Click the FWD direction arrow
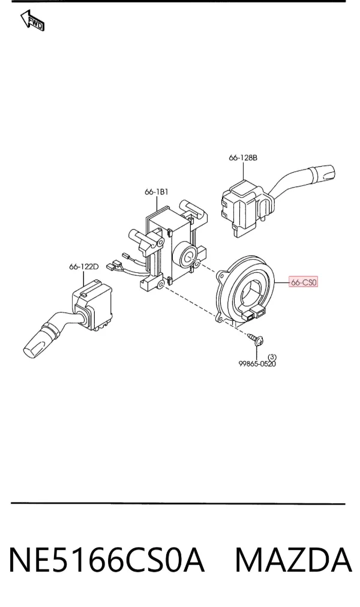coord(32,20)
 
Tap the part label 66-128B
coord(243,158)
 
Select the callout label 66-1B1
coord(157,191)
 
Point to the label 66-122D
coord(84,267)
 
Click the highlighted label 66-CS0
coord(304,283)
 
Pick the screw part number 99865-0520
coord(257,364)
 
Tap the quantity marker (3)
coord(272,356)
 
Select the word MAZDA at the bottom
coord(294,560)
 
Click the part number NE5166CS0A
coord(106,560)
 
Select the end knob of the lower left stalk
coord(36,343)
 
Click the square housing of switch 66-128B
coord(241,207)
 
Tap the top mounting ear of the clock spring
coord(222,275)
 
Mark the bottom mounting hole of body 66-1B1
coord(160,286)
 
